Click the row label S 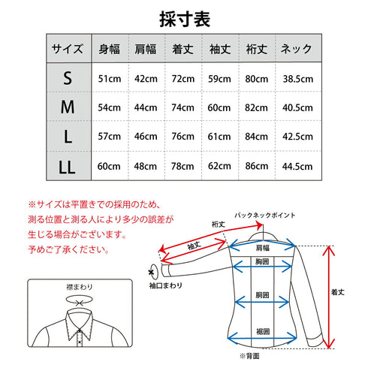68,79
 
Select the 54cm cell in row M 110,107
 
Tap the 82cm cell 257,107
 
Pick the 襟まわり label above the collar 78,287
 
